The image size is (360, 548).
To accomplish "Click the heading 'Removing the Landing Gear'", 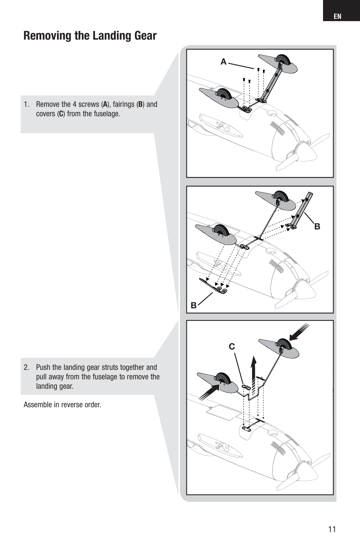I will click(90, 36).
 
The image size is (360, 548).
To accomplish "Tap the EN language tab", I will click(337, 16).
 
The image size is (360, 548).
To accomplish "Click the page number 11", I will click(332, 529).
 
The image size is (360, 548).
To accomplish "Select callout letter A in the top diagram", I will click(223, 62).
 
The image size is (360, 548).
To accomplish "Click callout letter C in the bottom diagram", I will click(231, 346).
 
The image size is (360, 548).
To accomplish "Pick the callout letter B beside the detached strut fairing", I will click(317, 226).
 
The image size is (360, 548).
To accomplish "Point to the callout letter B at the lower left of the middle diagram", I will click(193, 305).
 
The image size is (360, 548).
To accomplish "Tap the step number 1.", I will click(26, 105).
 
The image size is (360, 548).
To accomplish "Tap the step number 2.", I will click(26, 368).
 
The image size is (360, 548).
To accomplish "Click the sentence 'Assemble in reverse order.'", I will click(62, 405).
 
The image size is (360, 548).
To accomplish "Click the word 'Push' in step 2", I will click(43, 368).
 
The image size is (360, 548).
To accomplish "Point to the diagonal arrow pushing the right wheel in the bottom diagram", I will click(299, 332).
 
